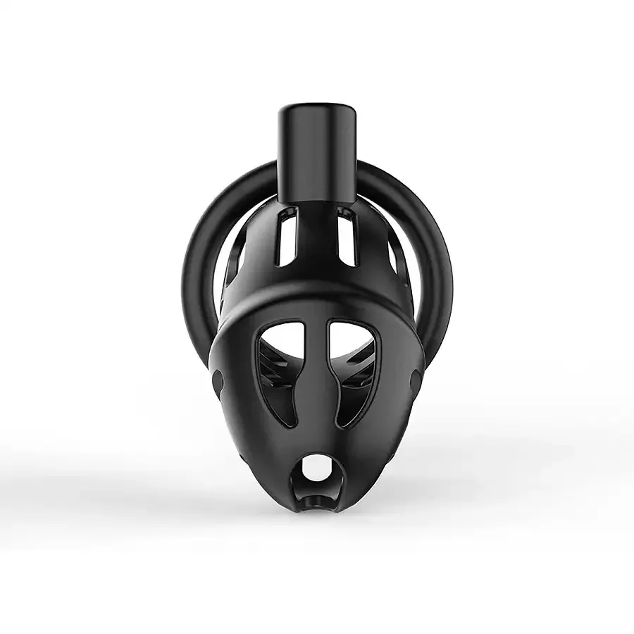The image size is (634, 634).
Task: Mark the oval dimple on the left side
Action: [x=217, y=384]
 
